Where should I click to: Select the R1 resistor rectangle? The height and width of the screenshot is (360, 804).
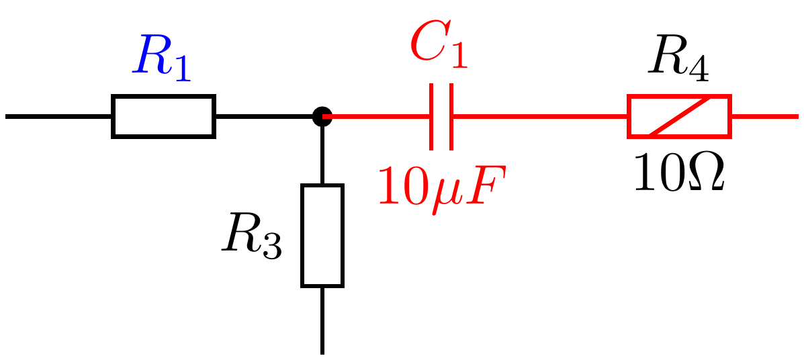pyautogui.click(x=163, y=117)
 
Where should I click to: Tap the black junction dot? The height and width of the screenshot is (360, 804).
pyautogui.click(x=322, y=116)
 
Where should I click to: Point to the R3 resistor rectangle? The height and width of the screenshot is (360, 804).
pyautogui.click(x=322, y=236)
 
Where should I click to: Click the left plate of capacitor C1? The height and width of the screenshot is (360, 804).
pyautogui.click(x=431, y=117)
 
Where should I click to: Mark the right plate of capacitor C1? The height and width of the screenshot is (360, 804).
pyautogui.click(x=451, y=117)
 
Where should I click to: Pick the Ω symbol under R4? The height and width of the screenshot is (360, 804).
pyautogui.click(x=705, y=173)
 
